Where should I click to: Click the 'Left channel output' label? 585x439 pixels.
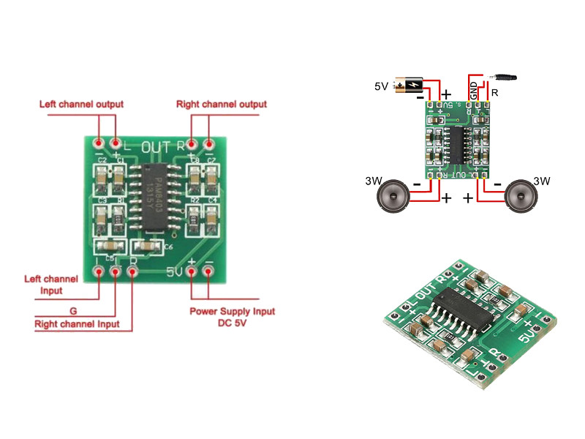[x=81, y=105]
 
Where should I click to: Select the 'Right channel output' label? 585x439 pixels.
[x=221, y=105]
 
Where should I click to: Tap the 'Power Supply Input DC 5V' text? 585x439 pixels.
[x=233, y=317]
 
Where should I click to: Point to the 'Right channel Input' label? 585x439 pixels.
[x=77, y=324]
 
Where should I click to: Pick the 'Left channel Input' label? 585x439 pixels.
[x=51, y=285]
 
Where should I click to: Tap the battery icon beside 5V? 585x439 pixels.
[x=406, y=86]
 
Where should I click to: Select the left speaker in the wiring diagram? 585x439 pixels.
[x=394, y=196]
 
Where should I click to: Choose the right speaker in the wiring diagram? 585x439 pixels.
[x=520, y=196]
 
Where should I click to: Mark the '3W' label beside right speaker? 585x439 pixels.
[x=542, y=181]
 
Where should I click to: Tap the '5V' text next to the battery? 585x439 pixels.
[x=381, y=86]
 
